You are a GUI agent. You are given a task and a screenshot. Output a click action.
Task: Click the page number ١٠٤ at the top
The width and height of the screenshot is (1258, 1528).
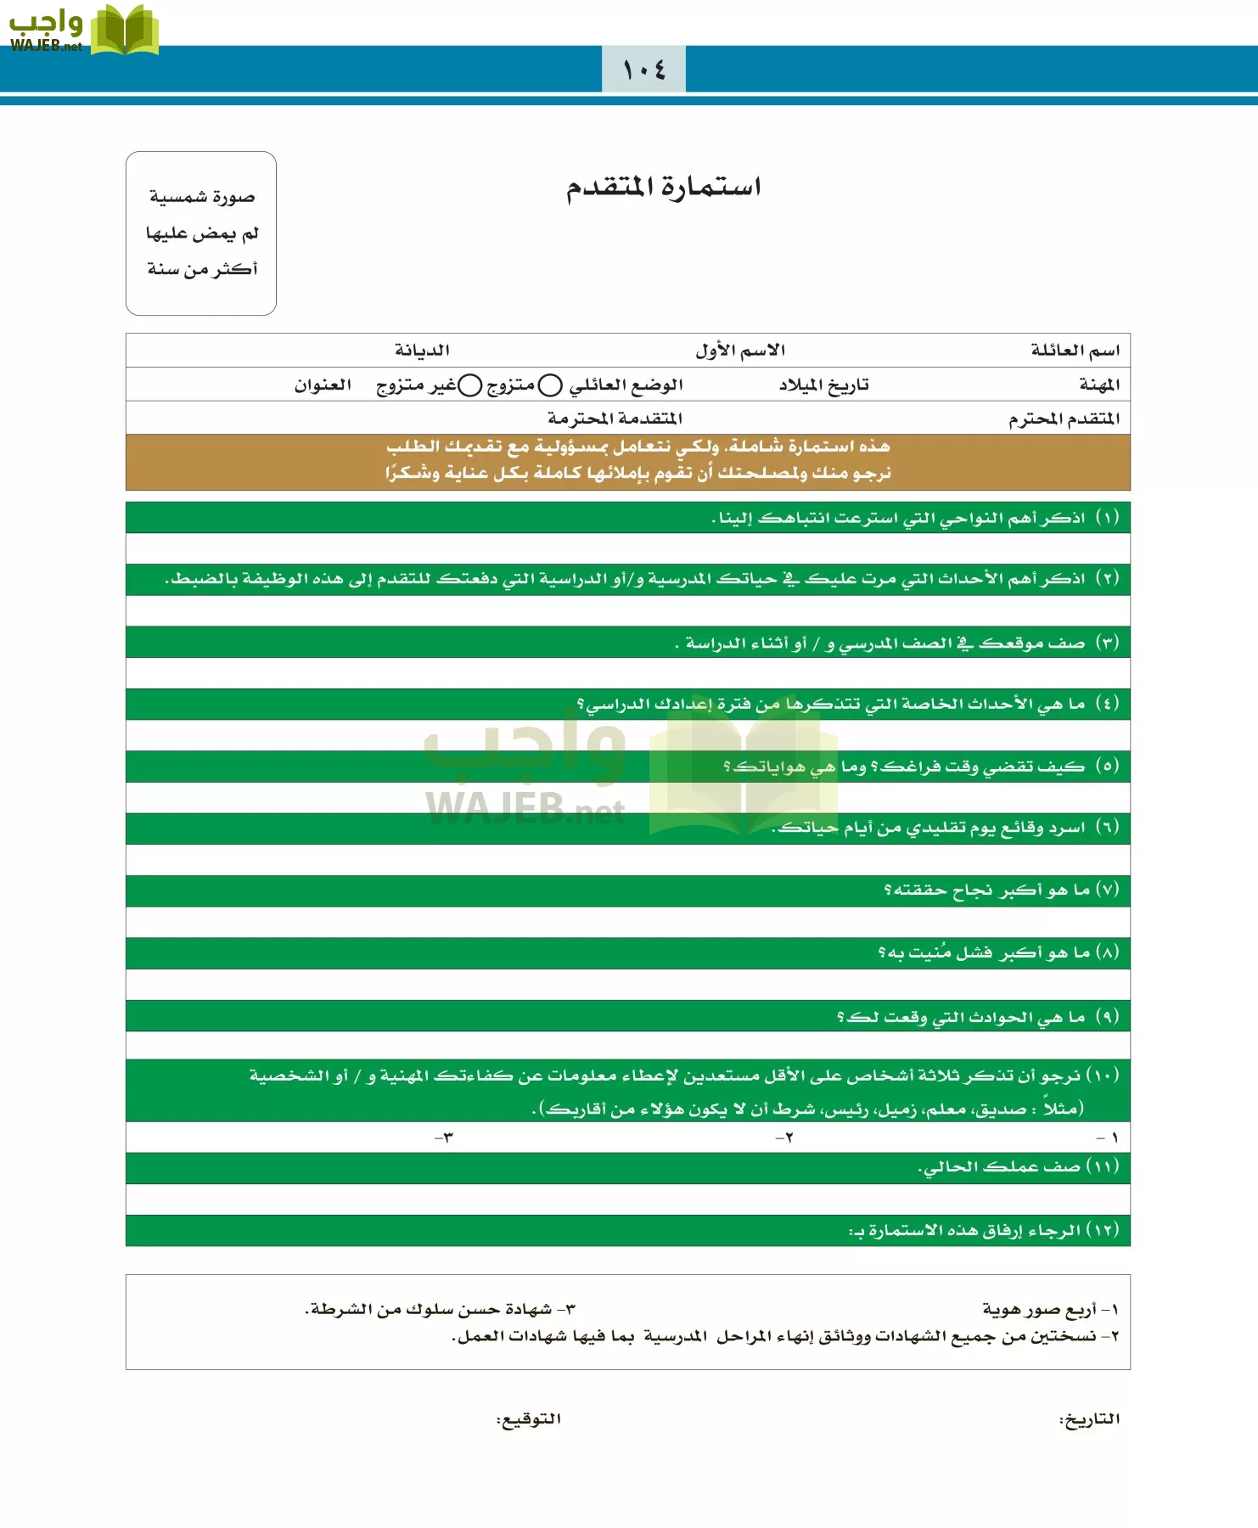(x=643, y=70)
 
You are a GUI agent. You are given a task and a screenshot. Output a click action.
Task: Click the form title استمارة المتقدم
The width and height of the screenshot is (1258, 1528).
(x=663, y=186)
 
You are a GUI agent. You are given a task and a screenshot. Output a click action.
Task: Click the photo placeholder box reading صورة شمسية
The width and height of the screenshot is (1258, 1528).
(x=201, y=233)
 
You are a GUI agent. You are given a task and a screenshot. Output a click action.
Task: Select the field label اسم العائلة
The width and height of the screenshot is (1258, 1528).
(x=1075, y=350)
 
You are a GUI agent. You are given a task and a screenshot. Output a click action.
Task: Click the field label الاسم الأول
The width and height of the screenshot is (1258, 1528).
(x=739, y=350)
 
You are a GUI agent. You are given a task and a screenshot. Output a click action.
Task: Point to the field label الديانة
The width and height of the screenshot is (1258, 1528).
(x=422, y=350)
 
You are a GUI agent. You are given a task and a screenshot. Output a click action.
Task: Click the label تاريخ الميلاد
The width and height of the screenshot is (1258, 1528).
(x=823, y=385)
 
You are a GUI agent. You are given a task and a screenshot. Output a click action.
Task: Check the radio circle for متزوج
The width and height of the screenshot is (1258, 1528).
(x=550, y=385)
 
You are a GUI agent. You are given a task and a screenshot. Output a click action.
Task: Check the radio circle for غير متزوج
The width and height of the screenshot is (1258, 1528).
(x=470, y=385)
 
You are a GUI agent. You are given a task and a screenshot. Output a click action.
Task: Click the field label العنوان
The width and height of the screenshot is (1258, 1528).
(x=323, y=385)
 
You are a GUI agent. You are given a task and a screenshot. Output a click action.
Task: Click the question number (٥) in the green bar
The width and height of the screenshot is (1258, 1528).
(x=1106, y=766)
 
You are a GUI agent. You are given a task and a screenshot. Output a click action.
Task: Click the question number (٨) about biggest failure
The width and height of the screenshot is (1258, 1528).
(x=1107, y=952)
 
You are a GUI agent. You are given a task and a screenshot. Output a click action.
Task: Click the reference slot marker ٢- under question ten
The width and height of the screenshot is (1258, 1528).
(x=784, y=1138)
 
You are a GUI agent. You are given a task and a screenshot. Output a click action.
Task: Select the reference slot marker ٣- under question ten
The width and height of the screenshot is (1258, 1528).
(x=444, y=1138)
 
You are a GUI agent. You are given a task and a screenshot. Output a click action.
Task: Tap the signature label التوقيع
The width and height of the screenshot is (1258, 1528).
(x=528, y=1419)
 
